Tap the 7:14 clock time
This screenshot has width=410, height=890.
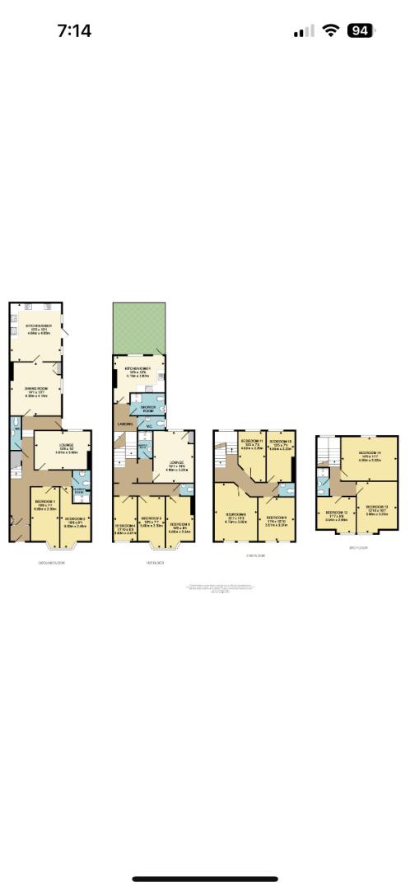tap(73, 31)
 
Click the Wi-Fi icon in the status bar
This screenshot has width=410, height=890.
tap(331, 30)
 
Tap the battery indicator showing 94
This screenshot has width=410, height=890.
tap(360, 30)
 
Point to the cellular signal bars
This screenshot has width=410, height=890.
tap(304, 31)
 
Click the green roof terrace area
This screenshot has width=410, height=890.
tap(138, 328)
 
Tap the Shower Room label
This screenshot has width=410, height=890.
tap(149, 407)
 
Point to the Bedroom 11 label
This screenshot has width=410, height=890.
tap(252, 441)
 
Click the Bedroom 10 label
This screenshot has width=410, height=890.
tap(282, 441)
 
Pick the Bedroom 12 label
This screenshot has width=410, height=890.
tap(337, 513)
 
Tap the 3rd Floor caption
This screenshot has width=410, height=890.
tap(356, 547)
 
